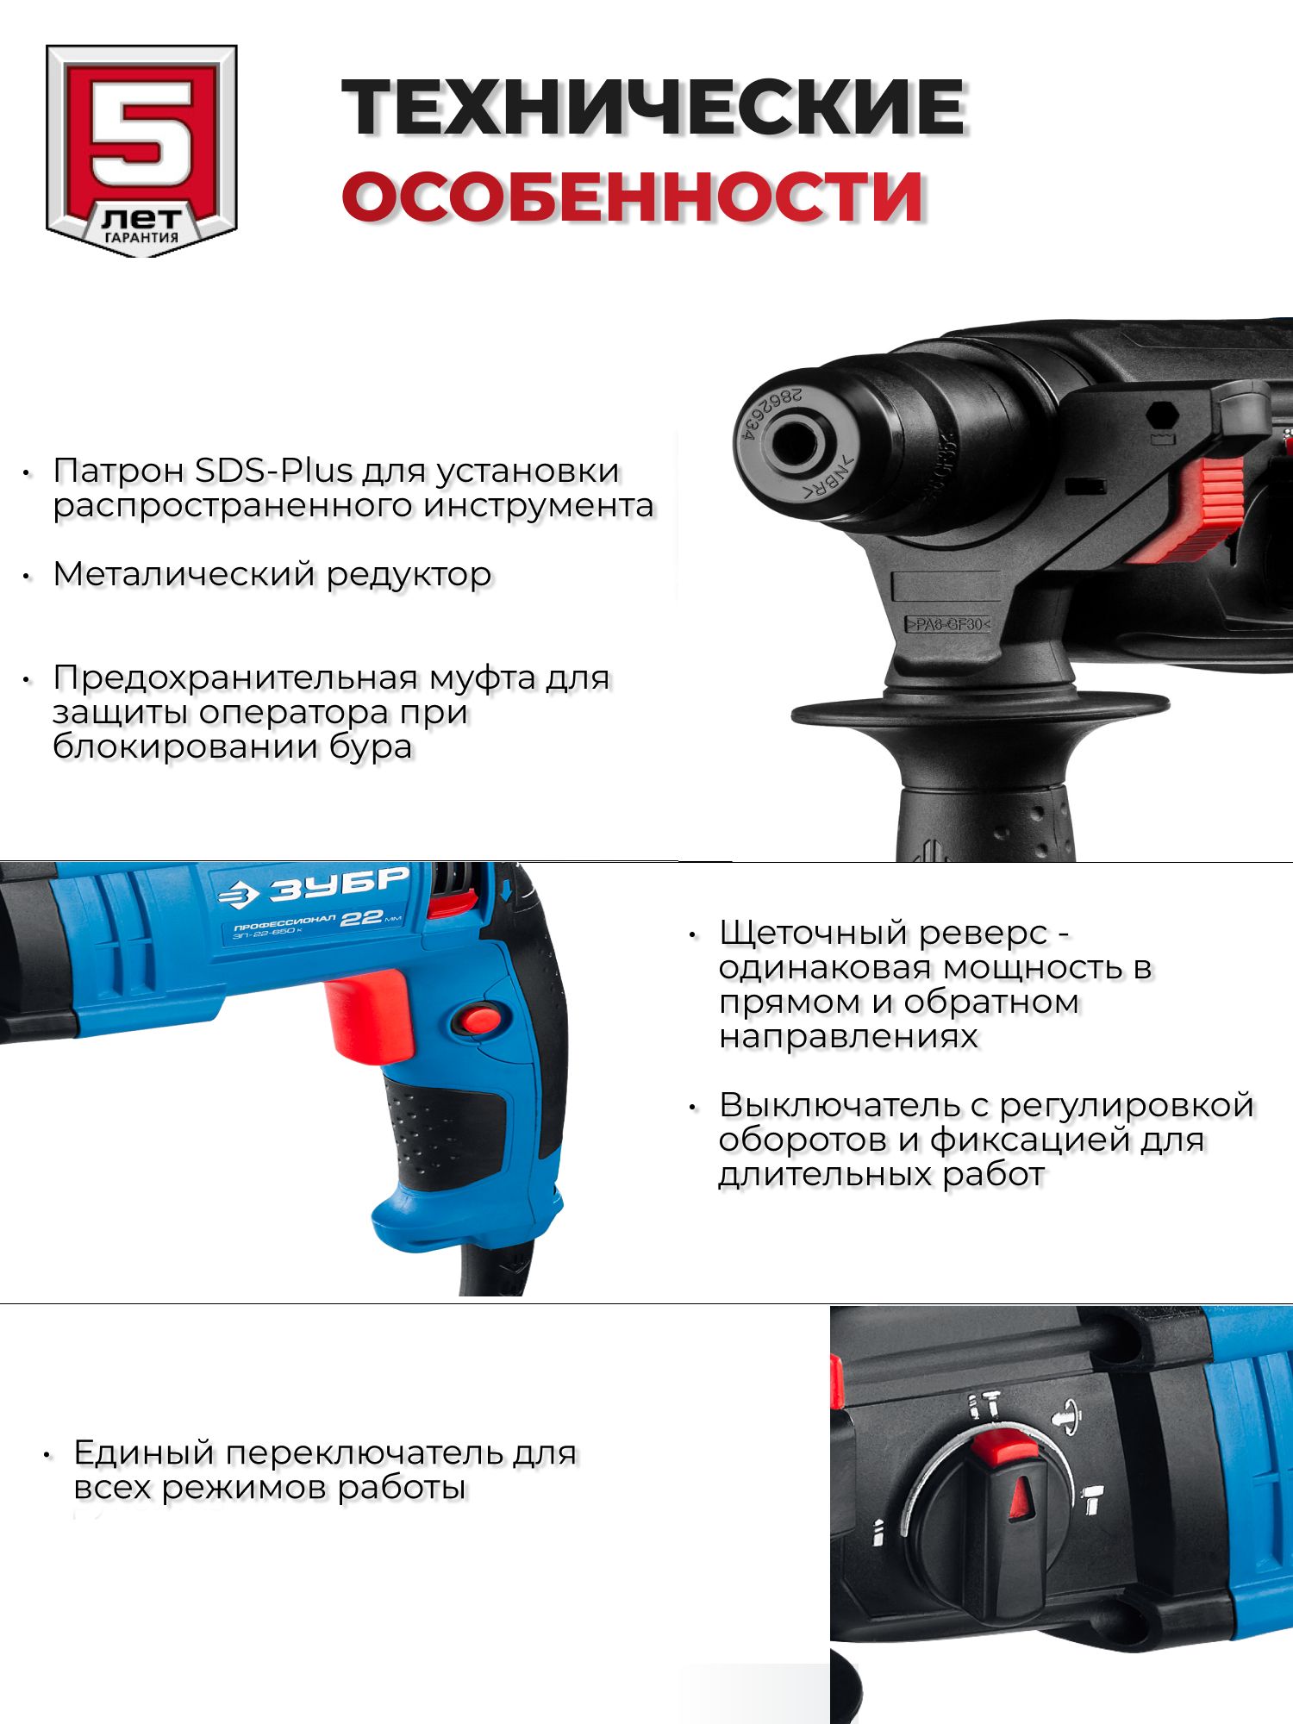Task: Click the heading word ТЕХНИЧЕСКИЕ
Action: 654,108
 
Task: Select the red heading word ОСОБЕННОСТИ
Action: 633,197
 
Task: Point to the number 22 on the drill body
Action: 361,918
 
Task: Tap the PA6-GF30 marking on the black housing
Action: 947,624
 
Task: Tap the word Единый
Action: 144,1453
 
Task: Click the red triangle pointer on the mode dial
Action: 1021,1498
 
